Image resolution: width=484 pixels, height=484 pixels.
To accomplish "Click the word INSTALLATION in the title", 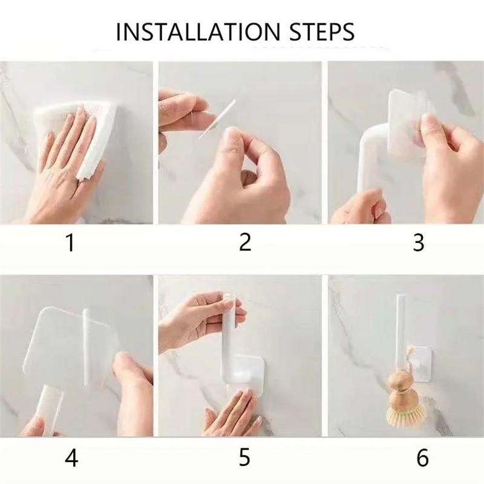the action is coord(198,31).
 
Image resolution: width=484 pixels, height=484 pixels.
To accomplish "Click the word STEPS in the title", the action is coord(322,31).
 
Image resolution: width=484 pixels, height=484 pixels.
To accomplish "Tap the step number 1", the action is coord(71,243).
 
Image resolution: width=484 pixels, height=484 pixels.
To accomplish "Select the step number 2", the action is coord(246,242).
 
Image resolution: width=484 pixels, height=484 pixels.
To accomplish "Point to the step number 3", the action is coord(419,243).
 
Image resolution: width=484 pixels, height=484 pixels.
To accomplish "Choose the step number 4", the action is coord(71,457).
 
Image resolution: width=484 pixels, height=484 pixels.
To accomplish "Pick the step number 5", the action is coord(244,457).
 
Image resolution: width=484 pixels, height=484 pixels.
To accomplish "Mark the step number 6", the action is coord(422,457).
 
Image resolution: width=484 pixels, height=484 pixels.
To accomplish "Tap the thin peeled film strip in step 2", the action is coord(217,119).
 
